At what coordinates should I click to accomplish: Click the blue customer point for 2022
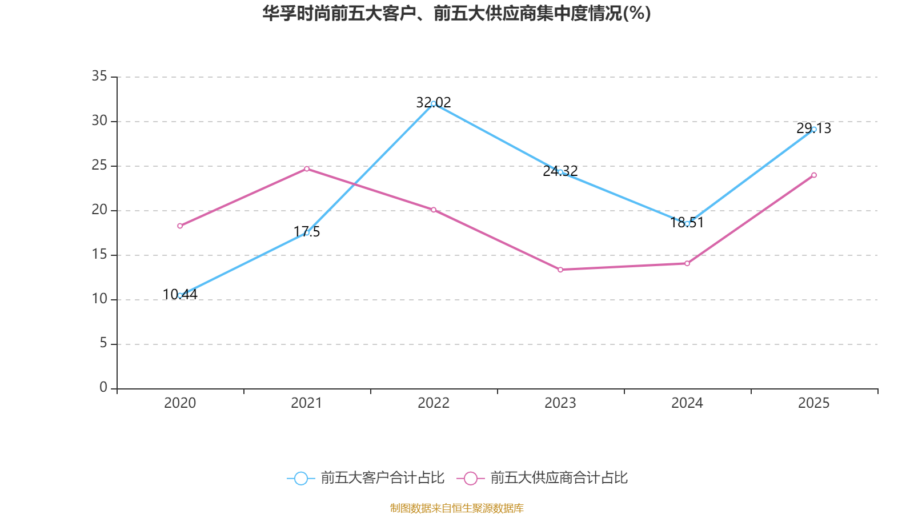pyautogui.click(x=434, y=103)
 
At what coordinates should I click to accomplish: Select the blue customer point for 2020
pyautogui.click(x=180, y=295)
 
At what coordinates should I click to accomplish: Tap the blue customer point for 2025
pyautogui.click(x=814, y=129)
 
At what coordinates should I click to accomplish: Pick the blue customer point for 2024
pyautogui.click(x=687, y=224)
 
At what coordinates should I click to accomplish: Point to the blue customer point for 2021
pyautogui.click(x=307, y=233)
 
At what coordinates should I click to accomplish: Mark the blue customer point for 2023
pyautogui.click(x=560, y=172)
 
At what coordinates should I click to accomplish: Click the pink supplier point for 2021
pyautogui.click(x=307, y=168)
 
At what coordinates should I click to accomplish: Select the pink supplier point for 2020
pyautogui.click(x=180, y=226)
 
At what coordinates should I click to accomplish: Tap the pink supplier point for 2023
pyautogui.click(x=560, y=270)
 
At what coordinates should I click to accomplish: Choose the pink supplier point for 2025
pyautogui.click(x=814, y=175)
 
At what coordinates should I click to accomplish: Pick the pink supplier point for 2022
pyautogui.click(x=434, y=210)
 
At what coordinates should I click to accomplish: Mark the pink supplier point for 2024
pyautogui.click(x=687, y=263)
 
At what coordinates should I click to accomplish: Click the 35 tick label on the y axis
pyautogui.click(x=99, y=76)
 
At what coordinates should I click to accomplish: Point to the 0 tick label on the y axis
pyautogui.click(x=103, y=388)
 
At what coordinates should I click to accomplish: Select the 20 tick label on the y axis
pyautogui.click(x=99, y=210)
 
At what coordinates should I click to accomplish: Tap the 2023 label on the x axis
pyautogui.click(x=560, y=403)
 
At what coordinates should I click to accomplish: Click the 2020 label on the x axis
pyautogui.click(x=180, y=403)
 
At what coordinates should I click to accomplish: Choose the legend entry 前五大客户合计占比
pyautogui.click(x=366, y=478)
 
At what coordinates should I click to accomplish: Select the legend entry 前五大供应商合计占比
pyautogui.click(x=543, y=478)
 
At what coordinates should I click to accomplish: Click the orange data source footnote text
pyautogui.click(x=457, y=508)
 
